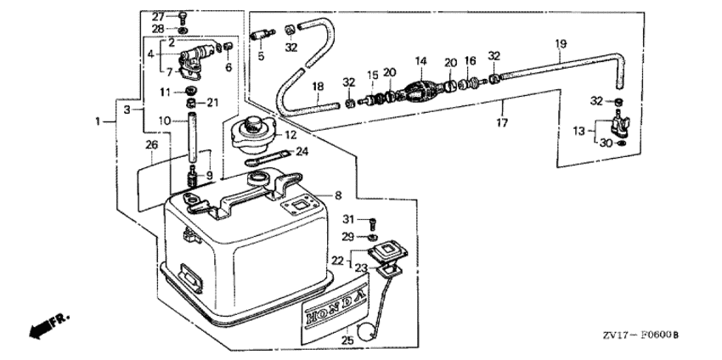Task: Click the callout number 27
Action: click(x=159, y=16)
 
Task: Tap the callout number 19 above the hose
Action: click(x=561, y=44)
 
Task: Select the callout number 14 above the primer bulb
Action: click(x=420, y=61)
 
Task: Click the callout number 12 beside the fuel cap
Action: click(x=290, y=135)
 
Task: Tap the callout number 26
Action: click(x=151, y=145)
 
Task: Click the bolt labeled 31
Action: click(x=371, y=223)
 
